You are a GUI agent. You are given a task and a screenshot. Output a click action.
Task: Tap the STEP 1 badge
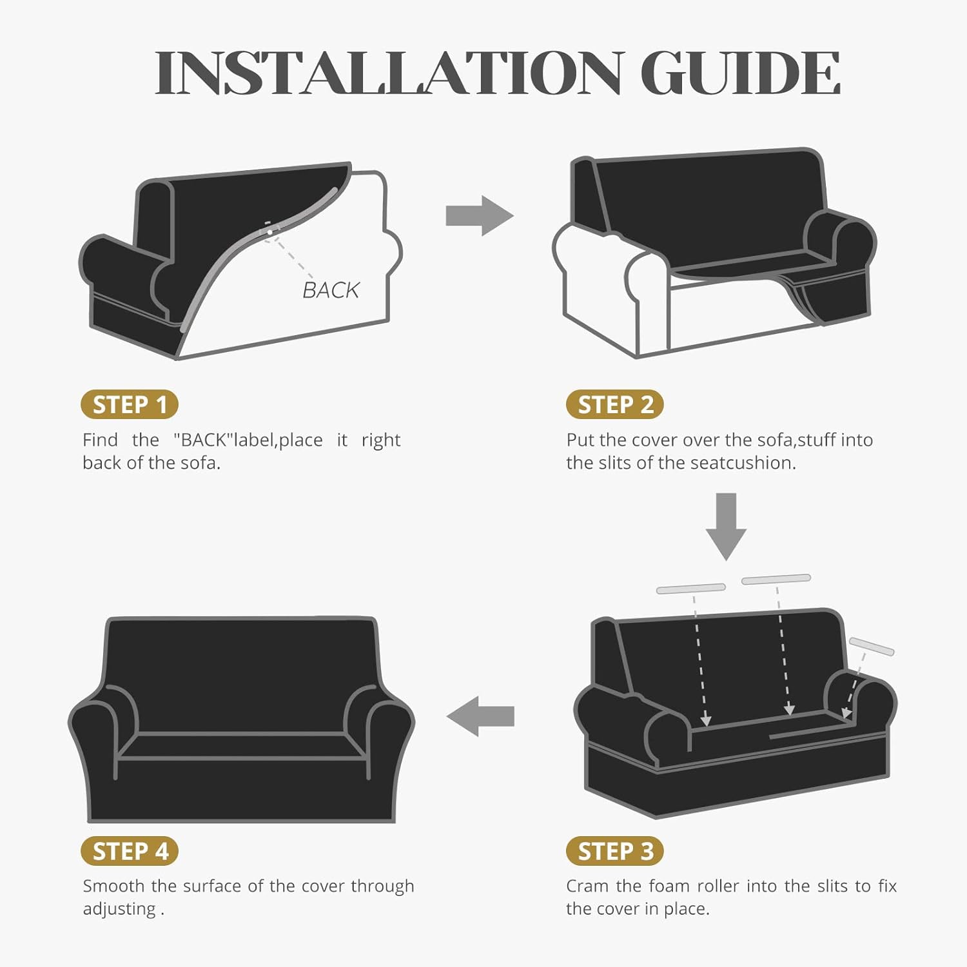[x=130, y=405]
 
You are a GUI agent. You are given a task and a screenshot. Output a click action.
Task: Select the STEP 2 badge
[x=615, y=405]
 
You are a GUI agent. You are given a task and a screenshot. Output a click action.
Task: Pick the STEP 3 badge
[x=615, y=852]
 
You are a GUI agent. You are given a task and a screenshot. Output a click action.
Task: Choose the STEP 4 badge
[x=130, y=852]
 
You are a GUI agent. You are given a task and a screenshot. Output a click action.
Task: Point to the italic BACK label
[x=331, y=291]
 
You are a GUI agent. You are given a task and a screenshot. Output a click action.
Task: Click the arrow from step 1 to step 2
[x=480, y=216]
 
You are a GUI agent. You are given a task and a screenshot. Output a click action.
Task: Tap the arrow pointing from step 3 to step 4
[x=480, y=716]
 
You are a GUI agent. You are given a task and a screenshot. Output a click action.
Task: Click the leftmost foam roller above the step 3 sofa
[x=691, y=588]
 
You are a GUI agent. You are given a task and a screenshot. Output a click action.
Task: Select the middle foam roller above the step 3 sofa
[x=776, y=579]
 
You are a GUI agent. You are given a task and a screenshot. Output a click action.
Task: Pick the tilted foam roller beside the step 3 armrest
[x=872, y=646]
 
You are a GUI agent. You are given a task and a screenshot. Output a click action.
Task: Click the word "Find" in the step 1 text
[x=100, y=440]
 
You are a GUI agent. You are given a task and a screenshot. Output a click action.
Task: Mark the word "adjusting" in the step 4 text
[x=119, y=910]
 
